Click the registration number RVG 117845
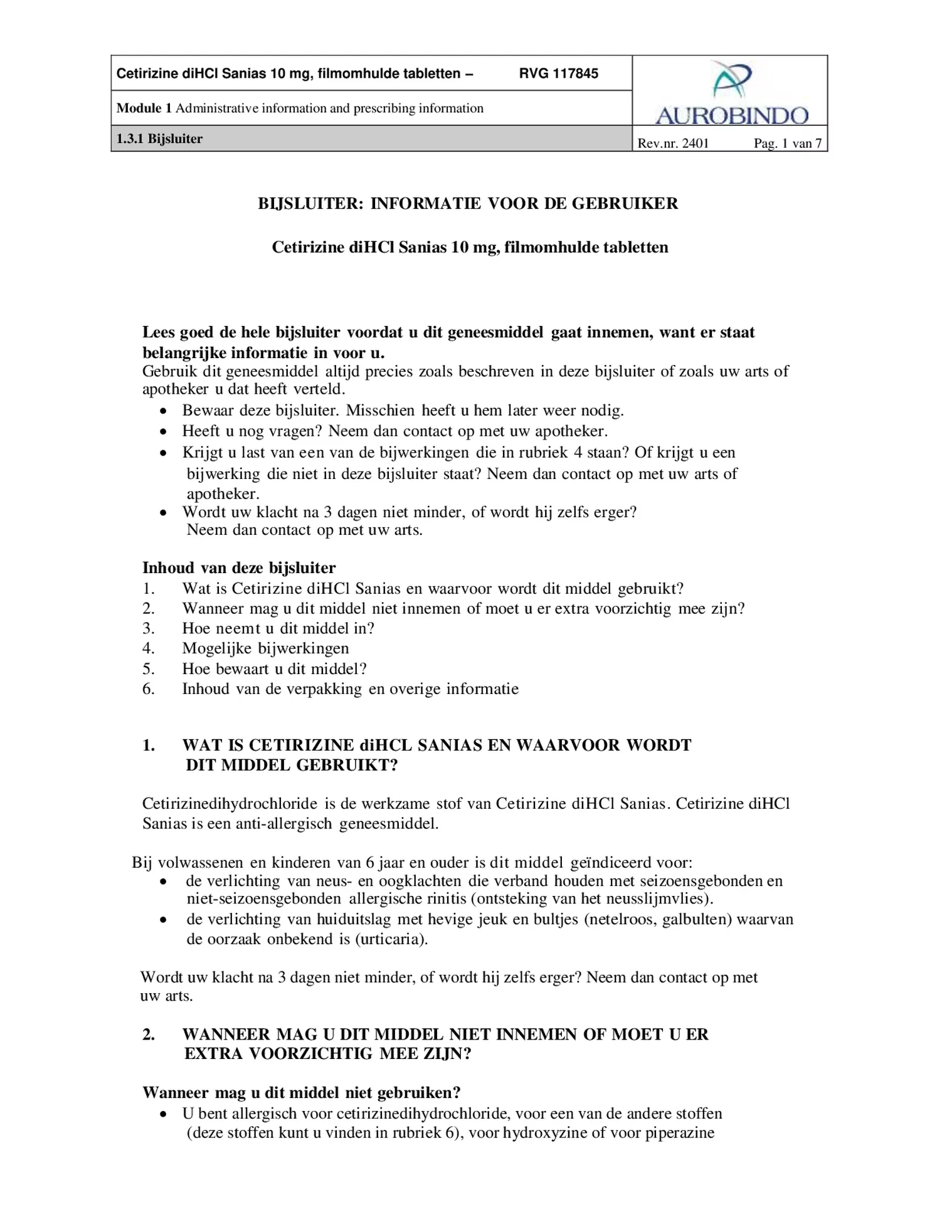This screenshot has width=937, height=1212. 558,74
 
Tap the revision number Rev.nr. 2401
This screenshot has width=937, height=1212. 673,144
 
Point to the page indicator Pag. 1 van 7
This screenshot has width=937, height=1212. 787,144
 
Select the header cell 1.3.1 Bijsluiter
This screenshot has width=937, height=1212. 160,139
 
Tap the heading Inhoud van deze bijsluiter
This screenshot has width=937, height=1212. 239,568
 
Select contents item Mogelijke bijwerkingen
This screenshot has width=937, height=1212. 265,648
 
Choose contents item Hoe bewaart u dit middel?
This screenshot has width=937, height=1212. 274,668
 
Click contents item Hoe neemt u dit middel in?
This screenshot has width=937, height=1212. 278,628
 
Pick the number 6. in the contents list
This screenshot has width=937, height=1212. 148,689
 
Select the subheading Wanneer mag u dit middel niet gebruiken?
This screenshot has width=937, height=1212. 302,1093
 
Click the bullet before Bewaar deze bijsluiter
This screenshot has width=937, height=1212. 163,411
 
